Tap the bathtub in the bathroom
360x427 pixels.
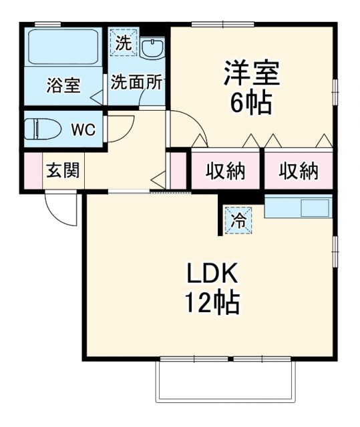coord(64,51)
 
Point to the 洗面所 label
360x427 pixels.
coord(136,83)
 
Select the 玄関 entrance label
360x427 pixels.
coord(63,170)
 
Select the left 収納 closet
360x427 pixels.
coord(224,171)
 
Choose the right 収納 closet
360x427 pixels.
coord(297,171)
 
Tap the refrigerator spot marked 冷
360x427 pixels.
coord(238,220)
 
